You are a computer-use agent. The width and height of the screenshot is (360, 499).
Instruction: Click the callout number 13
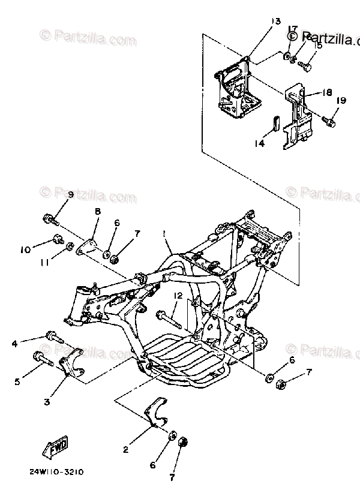coord(275,22)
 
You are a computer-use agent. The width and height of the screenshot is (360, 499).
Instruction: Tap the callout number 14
coord(259,144)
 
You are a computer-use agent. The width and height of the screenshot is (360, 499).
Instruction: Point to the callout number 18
coord(327,93)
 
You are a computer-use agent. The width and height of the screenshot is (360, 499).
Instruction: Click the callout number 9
coord(70,195)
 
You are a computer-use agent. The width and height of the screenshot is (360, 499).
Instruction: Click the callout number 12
coord(178,296)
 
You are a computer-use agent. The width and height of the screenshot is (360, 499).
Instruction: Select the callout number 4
coord(14,344)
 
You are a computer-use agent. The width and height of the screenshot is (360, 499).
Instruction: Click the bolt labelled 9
coord(50,220)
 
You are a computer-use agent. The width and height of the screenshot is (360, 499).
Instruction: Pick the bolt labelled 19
coord(328,122)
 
